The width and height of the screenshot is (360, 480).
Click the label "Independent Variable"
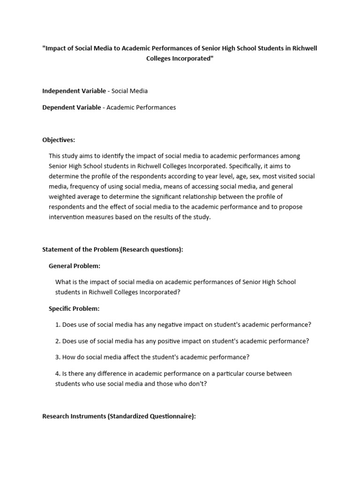pyautogui.click(x=74, y=90)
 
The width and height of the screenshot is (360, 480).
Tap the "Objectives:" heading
pyautogui.click(x=59, y=140)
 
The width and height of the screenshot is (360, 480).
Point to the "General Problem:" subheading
pyautogui.click(x=74, y=266)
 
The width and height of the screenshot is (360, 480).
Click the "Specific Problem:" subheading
pyautogui.click(x=74, y=308)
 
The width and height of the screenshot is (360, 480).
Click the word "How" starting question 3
pyautogui.click(x=69, y=357)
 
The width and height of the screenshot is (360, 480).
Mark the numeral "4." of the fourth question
pyautogui.click(x=58, y=374)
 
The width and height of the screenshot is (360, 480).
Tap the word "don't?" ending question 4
pyautogui.click(x=196, y=383)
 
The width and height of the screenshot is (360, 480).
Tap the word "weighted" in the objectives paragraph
pyautogui.click(x=62, y=196)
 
